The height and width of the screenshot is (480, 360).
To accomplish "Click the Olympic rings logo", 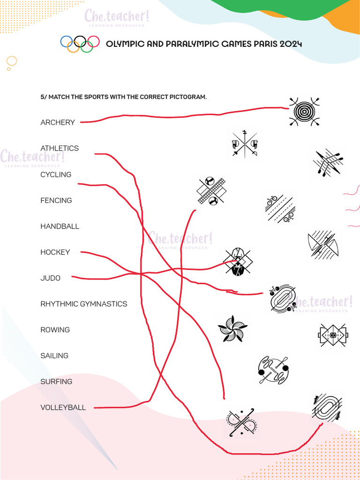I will [x=80, y=44].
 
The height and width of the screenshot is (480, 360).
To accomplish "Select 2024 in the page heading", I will [x=291, y=44].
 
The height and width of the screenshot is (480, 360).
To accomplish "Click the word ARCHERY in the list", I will [x=58, y=122].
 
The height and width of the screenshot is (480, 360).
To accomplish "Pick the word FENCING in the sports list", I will [x=56, y=200].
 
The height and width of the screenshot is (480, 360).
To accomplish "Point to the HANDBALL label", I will [x=60, y=226].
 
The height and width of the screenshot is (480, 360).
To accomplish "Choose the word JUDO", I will [x=50, y=278].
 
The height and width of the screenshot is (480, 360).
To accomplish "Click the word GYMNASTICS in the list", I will [x=104, y=304].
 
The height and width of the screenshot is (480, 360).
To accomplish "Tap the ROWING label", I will [x=55, y=330].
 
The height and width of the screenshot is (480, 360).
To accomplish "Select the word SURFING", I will [x=56, y=382].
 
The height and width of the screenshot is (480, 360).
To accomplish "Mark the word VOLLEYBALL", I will [x=63, y=408].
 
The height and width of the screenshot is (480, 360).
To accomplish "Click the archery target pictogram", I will [x=304, y=112].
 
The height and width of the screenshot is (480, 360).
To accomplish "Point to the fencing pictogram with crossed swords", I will [x=245, y=144].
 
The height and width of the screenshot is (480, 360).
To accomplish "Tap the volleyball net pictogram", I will [x=211, y=191].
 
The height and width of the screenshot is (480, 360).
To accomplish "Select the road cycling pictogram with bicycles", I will [x=279, y=209].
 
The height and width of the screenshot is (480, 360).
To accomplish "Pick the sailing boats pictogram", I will [x=322, y=245].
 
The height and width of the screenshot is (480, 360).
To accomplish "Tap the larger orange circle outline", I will [x=12, y=61].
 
